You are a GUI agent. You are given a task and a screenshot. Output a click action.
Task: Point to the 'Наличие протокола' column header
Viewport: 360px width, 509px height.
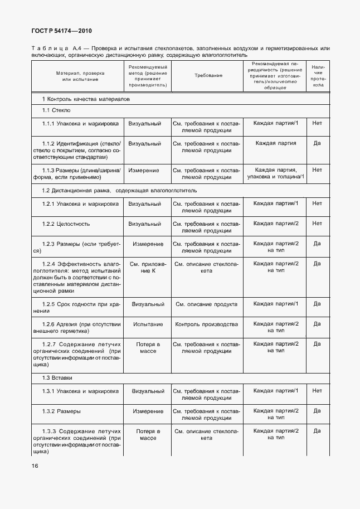pos(318,76)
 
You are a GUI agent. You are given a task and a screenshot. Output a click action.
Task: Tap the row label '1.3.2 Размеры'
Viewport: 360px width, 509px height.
pos(61,411)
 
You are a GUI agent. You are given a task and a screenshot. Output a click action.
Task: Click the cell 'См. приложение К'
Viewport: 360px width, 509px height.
pos(148,267)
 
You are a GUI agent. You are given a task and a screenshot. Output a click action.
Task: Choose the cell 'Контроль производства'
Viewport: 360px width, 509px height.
pos(207,324)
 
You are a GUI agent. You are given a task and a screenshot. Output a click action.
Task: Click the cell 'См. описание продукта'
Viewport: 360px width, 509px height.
pos(207,304)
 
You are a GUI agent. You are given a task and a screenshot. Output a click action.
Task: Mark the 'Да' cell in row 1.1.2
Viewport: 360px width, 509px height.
pos(317,143)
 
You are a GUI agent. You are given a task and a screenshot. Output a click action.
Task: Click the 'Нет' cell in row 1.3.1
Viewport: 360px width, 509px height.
pos(317,391)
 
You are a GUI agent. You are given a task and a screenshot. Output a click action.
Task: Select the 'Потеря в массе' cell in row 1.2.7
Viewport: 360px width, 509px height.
pos(148,348)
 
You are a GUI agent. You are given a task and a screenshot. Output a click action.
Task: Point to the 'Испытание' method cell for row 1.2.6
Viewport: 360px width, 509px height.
pos(148,324)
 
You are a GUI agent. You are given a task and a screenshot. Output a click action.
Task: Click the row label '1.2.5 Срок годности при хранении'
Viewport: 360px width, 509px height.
pos(80,307)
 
